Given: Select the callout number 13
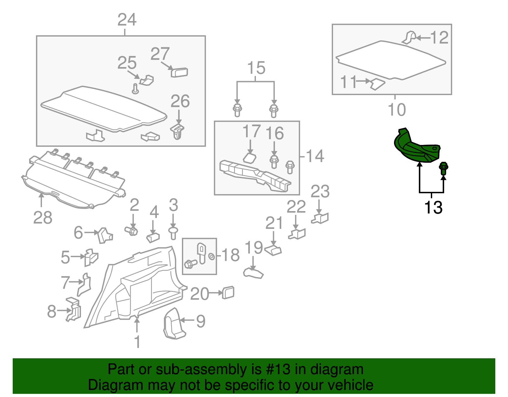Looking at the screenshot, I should coord(433,208).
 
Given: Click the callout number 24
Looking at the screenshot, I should coord(127,20).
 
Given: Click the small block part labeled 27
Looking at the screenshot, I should coord(179,72).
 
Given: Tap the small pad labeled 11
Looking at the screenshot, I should coord(378,84).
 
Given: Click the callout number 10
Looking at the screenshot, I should coord(397,110).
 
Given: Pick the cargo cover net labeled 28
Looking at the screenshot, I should coord(73,181).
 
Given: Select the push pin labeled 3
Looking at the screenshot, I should coord(173,233).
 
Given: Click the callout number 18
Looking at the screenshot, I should coord(231,255).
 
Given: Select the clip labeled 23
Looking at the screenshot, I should coord(321,218).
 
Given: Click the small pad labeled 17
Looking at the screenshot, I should coord(250,158).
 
